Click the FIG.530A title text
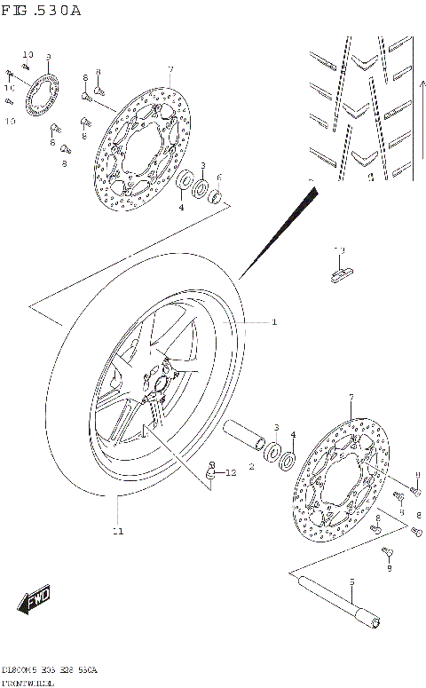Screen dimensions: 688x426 [x=42, y=11]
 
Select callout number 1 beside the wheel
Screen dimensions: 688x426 [x=274, y=321]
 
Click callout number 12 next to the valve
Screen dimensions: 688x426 [x=231, y=473]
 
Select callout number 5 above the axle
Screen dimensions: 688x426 [x=351, y=582]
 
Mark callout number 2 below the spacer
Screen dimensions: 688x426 [x=251, y=466]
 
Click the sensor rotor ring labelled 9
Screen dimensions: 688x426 [x=41, y=97]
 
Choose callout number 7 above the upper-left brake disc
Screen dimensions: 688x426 [x=170, y=69]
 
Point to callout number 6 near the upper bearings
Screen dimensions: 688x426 [x=218, y=177]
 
